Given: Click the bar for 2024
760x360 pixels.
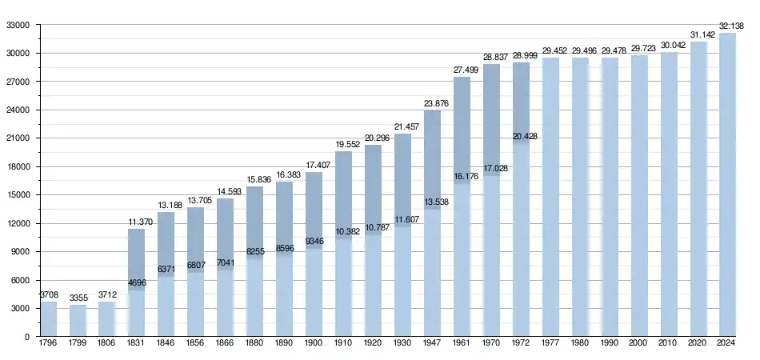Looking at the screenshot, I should point(727,184).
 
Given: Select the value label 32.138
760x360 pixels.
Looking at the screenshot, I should point(734,26).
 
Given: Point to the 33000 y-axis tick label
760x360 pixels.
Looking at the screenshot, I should point(18,25).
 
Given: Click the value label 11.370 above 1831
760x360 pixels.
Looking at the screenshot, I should point(137,222).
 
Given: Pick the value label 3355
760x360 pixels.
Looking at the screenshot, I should point(78,298).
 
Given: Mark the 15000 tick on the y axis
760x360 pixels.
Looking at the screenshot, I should point(18,195).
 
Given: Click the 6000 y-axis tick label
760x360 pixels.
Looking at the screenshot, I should point(20,280).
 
